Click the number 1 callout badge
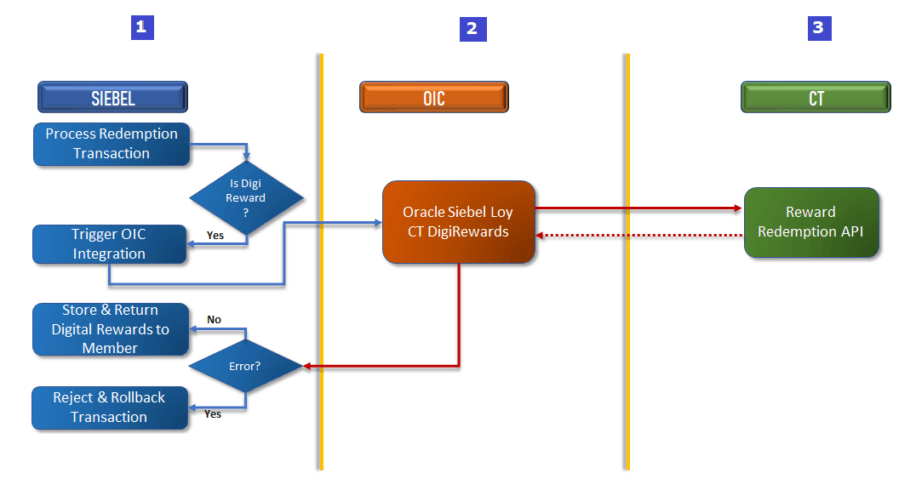[141, 27]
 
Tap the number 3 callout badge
[818, 28]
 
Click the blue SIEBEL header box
[112, 97]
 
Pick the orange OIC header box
[433, 97]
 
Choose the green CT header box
[816, 97]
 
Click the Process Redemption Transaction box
[111, 144]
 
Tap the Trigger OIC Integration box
[109, 244]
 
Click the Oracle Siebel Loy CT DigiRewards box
[458, 221]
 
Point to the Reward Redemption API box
[810, 222]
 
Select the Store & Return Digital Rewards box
[111, 329]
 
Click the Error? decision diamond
[245, 367]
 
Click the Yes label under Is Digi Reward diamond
[215, 235]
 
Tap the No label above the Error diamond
[215, 320]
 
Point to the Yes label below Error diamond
[213, 414]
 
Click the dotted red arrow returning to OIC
[638, 235]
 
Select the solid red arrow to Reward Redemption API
[638, 208]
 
